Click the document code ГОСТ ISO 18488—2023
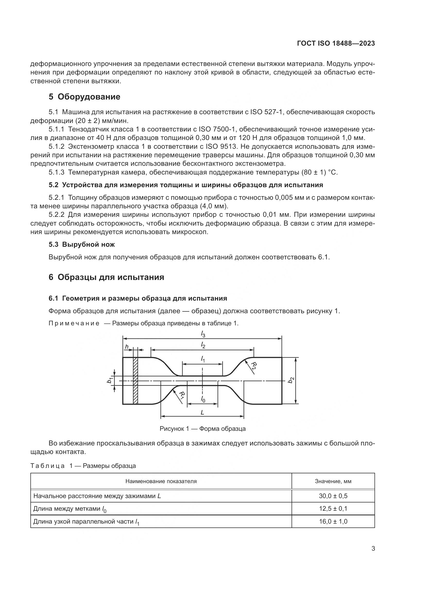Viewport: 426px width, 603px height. pos(336,43)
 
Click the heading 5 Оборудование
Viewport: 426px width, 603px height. pos(84,97)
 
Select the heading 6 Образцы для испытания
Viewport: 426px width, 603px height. pos(106,277)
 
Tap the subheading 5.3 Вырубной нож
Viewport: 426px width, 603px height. pos(82,244)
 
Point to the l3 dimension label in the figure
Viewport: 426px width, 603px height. pos(203,334)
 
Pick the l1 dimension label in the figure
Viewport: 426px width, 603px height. pos(203,359)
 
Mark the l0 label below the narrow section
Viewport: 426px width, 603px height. pos(203,399)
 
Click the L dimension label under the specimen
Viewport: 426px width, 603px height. pos(202,412)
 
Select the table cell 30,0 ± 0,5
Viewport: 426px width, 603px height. pos(333,496)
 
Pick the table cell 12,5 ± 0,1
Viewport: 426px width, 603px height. pos(333,509)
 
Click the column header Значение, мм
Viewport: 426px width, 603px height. pos(333,481)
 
